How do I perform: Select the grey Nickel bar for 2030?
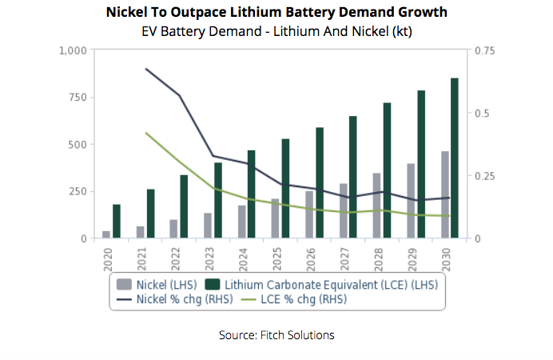tap(444, 194)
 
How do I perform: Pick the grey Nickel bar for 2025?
tap(275, 218)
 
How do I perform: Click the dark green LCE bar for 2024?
tap(251, 194)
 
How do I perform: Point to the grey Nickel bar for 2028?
tap(376, 206)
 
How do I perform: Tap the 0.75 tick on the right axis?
tap(485, 50)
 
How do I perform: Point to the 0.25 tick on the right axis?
tap(485, 176)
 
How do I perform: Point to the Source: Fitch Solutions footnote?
tap(276, 335)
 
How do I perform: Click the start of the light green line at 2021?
tap(145, 133)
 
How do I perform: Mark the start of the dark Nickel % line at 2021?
tap(145, 69)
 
